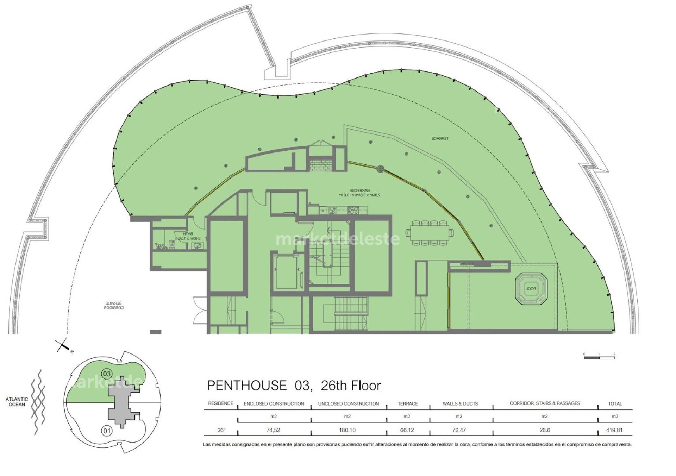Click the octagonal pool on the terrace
[x=531, y=288]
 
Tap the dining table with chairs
[x=429, y=233]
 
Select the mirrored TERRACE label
[x=440, y=138]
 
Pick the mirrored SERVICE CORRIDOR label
[x=114, y=305]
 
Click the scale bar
[x=599, y=358]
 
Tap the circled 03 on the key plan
[x=107, y=374]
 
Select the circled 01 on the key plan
[x=106, y=431]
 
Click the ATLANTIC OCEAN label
[x=17, y=402]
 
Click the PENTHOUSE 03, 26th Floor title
[x=294, y=386]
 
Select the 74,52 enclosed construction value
[x=273, y=430]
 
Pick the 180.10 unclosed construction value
[x=347, y=430]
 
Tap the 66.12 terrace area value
[x=407, y=430]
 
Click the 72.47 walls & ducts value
[x=459, y=430]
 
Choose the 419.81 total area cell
[x=614, y=430]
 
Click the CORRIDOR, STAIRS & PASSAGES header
[x=545, y=403]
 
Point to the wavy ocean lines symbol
[x=38, y=402]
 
